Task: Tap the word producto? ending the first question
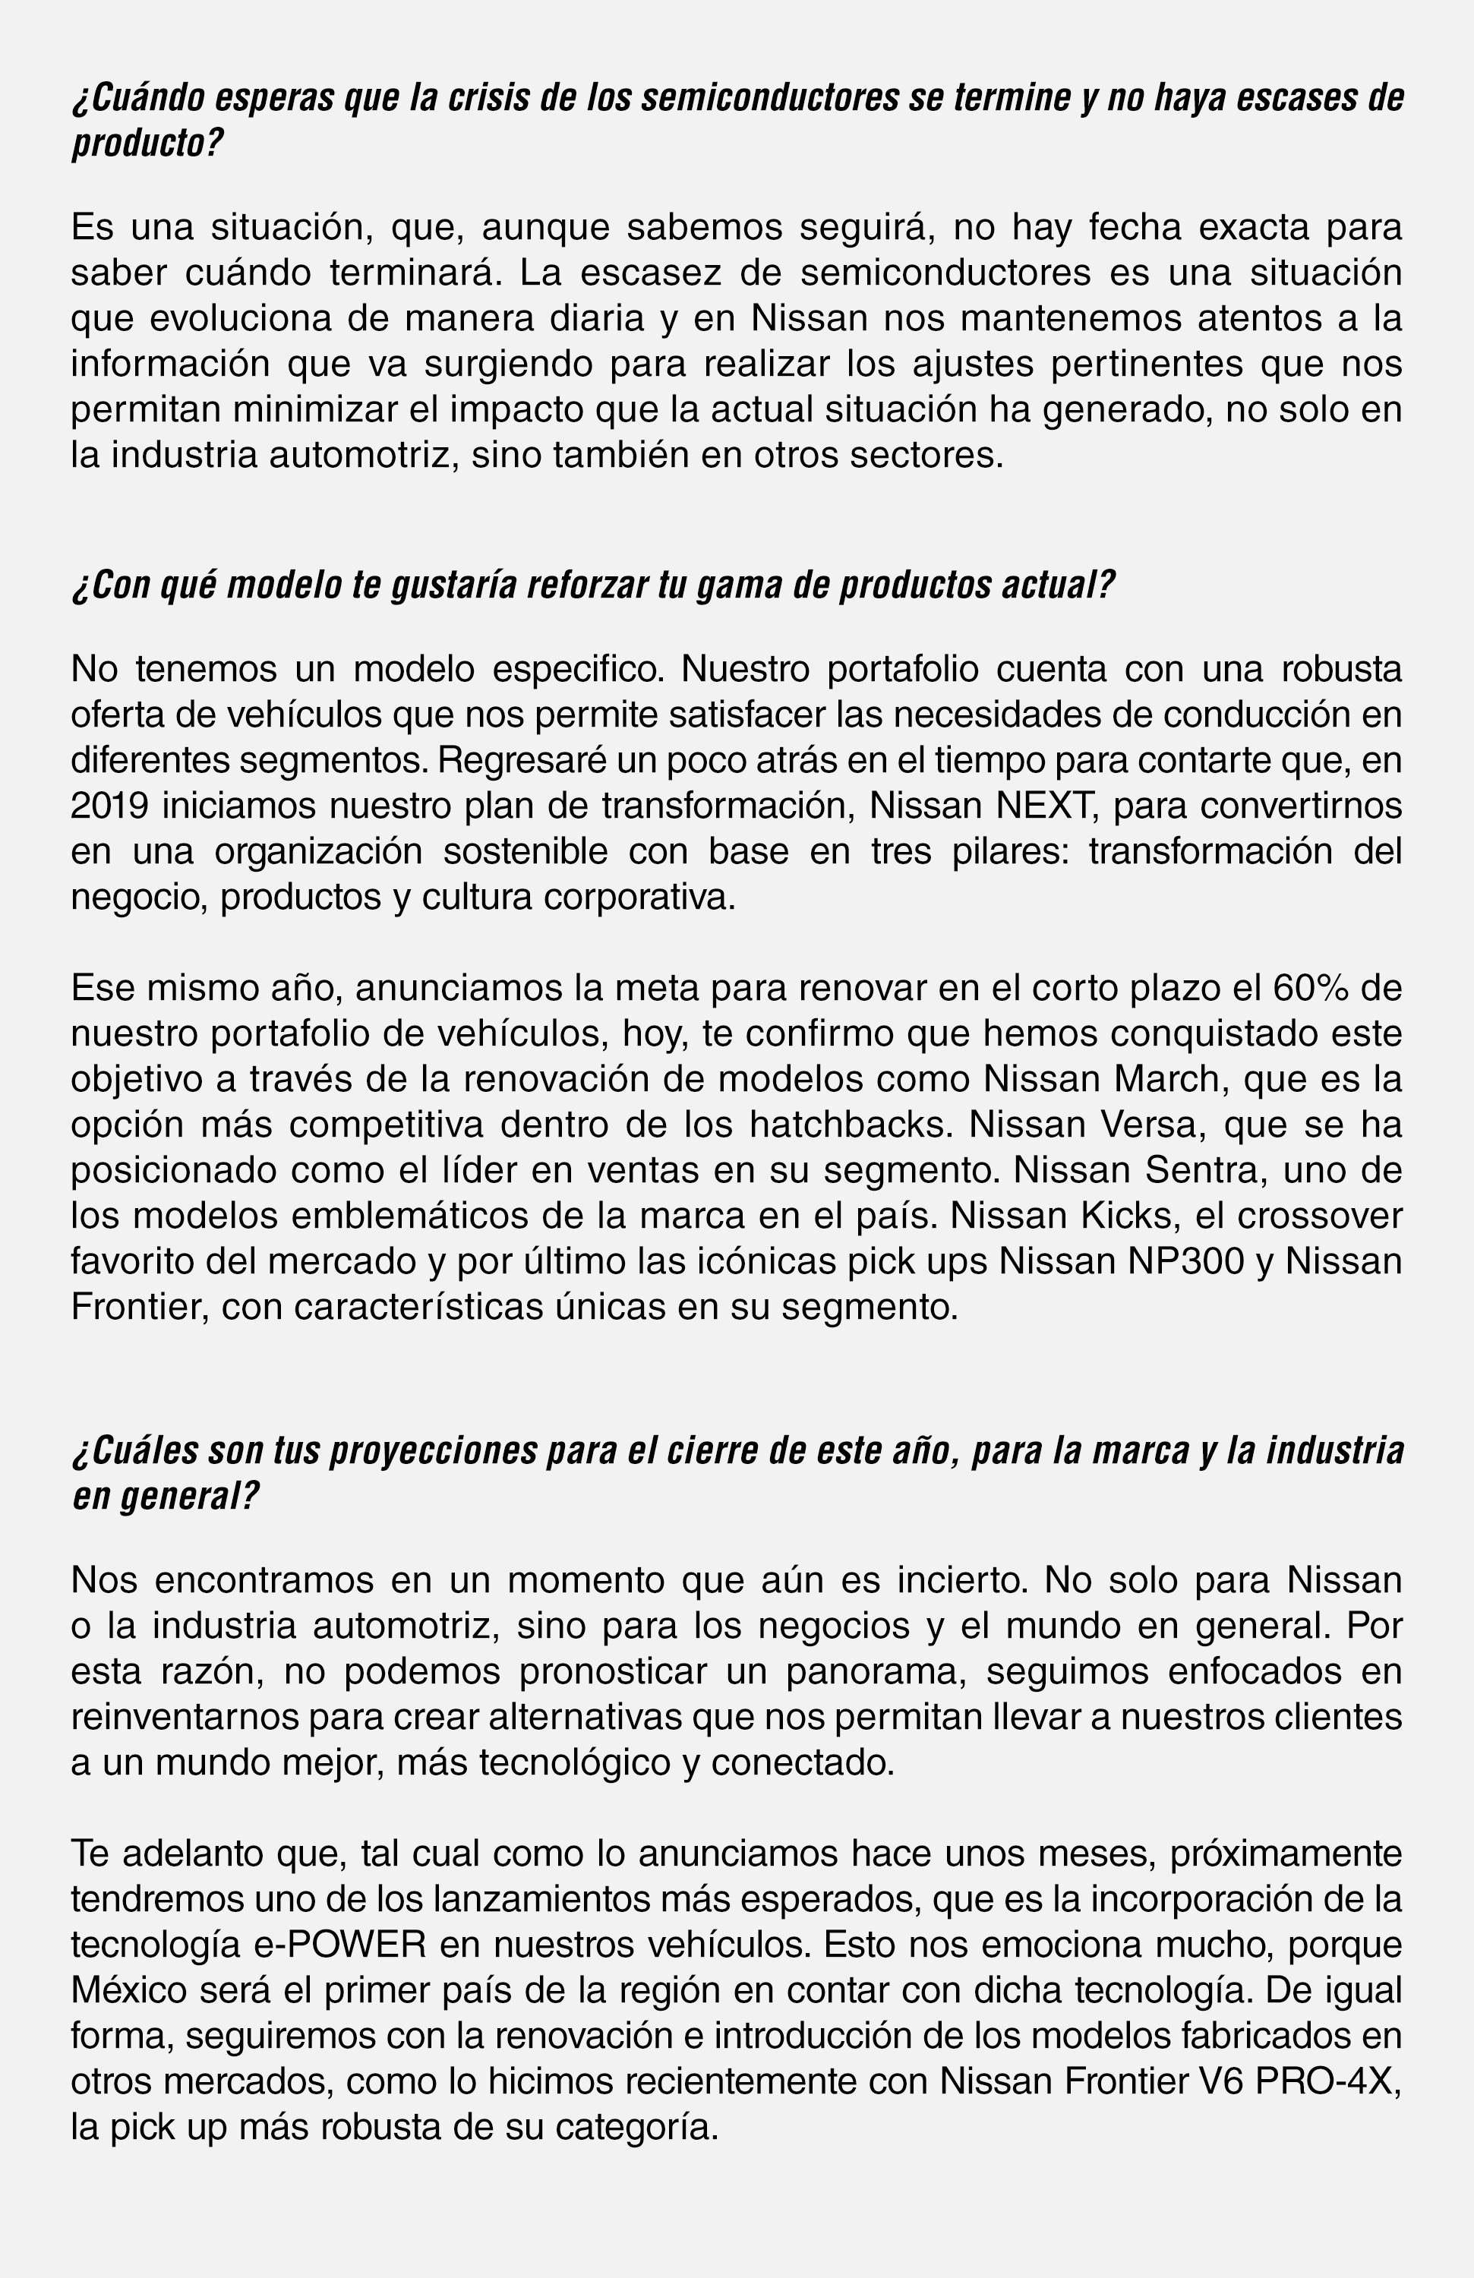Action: (x=147, y=144)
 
